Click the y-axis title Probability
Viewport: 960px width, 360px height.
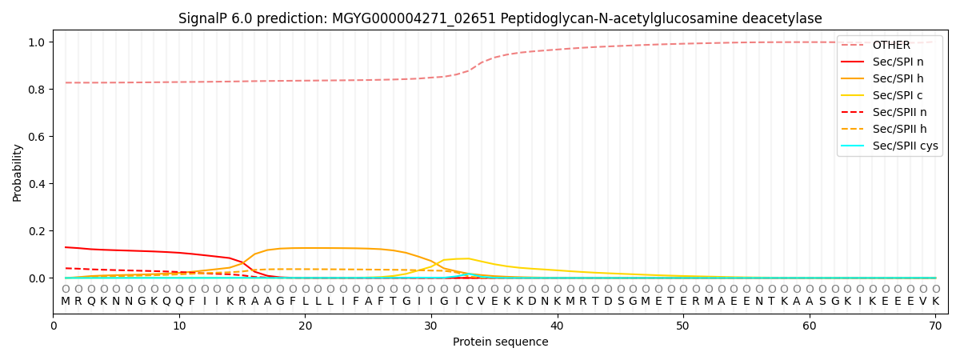coord(18,172)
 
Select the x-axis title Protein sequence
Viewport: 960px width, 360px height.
coord(501,342)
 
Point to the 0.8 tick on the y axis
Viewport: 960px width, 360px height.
coord(35,90)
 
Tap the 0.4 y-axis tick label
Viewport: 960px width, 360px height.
coord(35,184)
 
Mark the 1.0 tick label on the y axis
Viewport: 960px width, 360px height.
coord(35,42)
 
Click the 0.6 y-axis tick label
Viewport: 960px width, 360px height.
coord(35,137)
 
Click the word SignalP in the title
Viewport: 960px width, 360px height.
coord(202,18)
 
